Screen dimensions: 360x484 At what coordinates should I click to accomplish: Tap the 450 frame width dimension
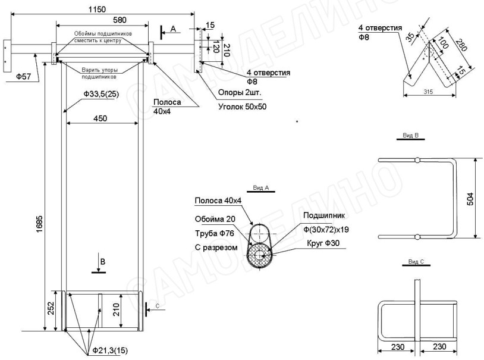[100, 118]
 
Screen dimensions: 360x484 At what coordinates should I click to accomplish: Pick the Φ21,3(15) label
[109, 350]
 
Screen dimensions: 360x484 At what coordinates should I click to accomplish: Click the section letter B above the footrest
[102, 261]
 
